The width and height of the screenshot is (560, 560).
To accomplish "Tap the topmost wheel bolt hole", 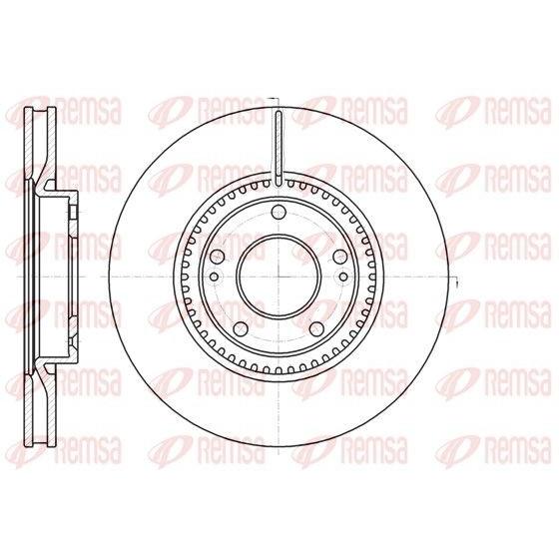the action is (x=279, y=213).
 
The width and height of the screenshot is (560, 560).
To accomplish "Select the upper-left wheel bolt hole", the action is (x=218, y=257).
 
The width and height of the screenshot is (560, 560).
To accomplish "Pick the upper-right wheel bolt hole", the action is (x=340, y=257).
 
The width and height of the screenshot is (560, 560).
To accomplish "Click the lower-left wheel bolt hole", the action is (x=242, y=329).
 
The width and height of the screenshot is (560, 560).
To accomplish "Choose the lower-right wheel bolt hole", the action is (x=316, y=329).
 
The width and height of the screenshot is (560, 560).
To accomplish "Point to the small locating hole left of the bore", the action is (x=214, y=277).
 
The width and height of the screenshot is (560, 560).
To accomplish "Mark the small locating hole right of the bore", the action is (x=343, y=277).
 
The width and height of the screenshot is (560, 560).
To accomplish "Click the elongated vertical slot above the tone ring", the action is (x=279, y=148).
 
